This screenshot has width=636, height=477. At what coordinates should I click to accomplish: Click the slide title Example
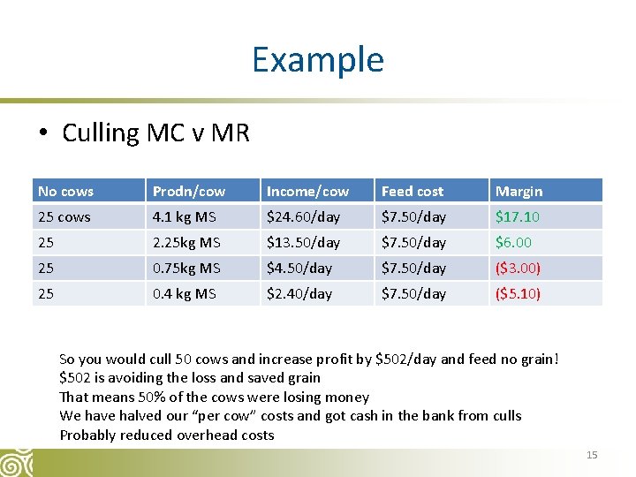pyautogui.click(x=317, y=59)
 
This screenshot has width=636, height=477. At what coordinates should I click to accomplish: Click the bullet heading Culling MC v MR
pyautogui.click(x=155, y=133)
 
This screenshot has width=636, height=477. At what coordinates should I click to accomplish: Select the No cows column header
pyautogui.click(x=66, y=191)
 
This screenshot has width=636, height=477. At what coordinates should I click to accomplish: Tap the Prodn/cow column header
pyautogui.click(x=189, y=191)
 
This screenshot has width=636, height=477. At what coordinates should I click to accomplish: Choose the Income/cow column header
pyautogui.click(x=307, y=191)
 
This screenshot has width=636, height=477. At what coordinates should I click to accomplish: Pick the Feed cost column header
pyautogui.click(x=413, y=191)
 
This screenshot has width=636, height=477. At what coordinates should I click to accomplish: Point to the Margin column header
pyautogui.click(x=519, y=191)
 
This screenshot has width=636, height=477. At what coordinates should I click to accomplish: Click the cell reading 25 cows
pyautogui.click(x=64, y=216)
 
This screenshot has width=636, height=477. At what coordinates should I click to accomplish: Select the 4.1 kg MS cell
pyautogui.click(x=185, y=216)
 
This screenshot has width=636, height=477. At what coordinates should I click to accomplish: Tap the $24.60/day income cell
pyautogui.click(x=303, y=216)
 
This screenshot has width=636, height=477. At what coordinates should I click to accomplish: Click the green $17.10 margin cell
pyautogui.click(x=518, y=216)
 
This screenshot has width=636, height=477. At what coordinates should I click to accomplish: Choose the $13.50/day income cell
pyautogui.click(x=303, y=242)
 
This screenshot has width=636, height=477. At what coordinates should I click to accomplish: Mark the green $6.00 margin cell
pyautogui.click(x=513, y=242)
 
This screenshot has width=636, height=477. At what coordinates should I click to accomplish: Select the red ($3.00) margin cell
pyautogui.click(x=518, y=268)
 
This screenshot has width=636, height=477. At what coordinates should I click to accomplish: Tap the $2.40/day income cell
pyautogui.click(x=299, y=293)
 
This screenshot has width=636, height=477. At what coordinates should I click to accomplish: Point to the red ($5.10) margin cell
pyautogui.click(x=518, y=293)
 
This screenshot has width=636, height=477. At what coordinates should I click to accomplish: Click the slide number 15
pyautogui.click(x=592, y=455)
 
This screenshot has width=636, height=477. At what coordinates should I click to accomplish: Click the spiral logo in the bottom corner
pyautogui.click(x=17, y=462)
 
